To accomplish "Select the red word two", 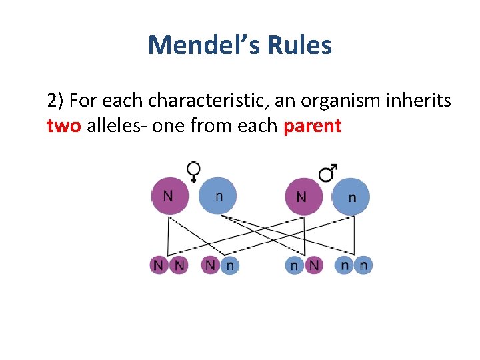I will tap(64, 126).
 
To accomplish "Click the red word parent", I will tap(312, 126).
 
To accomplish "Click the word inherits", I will tap(419, 101).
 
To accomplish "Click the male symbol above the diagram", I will tap(327, 173).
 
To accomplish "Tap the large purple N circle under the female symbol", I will tap(169, 196).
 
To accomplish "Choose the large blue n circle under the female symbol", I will tap(218, 196).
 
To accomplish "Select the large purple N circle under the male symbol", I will tap(303, 197).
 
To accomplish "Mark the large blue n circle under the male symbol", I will tap(351, 197).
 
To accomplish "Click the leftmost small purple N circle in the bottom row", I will tap(159, 265).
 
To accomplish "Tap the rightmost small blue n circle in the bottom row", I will tap(363, 265).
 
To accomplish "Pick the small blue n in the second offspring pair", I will tap(229, 265).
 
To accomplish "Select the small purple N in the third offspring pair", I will tap(313, 265).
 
